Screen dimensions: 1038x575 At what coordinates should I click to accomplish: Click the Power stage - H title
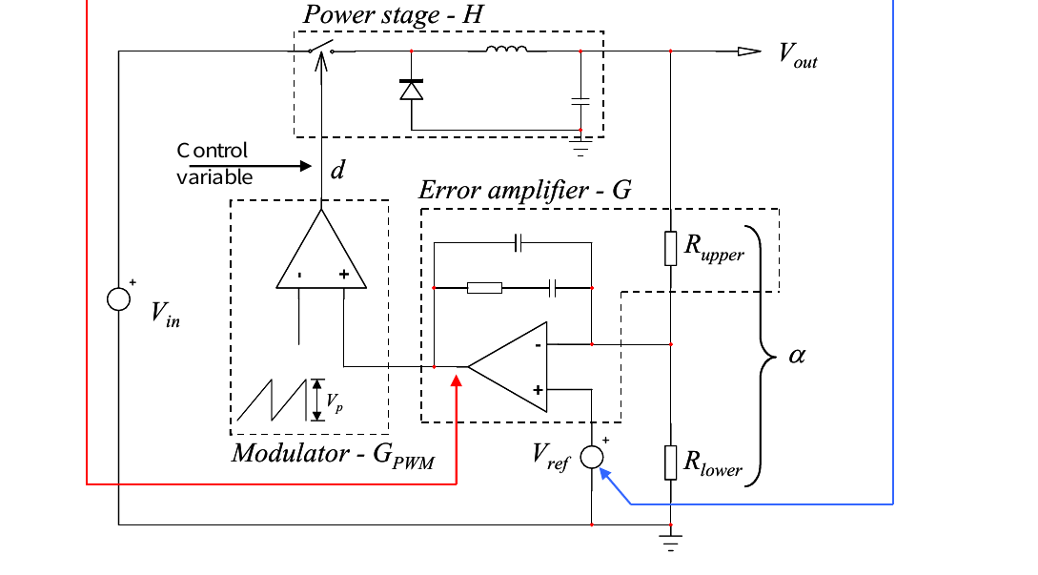point(394,14)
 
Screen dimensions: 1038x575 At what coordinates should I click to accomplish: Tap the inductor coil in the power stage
point(506,49)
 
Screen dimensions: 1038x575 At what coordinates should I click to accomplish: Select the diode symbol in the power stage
point(411,90)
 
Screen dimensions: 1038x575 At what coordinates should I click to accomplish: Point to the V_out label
point(798,54)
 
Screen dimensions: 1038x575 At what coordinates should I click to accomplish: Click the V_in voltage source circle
point(118,299)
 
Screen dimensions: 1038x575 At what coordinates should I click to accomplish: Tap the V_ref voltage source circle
point(592,457)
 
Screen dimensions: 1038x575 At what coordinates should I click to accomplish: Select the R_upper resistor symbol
point(671,249)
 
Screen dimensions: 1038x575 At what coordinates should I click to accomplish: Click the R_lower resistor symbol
point(671,462)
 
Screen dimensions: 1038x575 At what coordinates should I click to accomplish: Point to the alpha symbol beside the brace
point(797,356)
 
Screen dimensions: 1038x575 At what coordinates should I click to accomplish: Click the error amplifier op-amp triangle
point(508,367)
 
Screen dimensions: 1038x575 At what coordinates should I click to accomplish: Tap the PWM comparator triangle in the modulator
point(321,249)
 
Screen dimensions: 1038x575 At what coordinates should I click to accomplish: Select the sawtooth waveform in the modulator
point(272,400)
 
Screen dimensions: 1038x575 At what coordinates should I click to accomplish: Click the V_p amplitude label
point(335,402)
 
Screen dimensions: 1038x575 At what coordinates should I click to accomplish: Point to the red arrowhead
point(457,381)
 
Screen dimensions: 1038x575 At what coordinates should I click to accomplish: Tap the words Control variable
point(214,164)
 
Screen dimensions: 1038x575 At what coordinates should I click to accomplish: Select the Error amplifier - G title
point(525,191)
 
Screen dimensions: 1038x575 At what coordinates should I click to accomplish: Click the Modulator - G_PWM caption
point(333,455)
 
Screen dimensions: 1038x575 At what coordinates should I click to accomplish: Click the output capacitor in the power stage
point(580,101)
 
